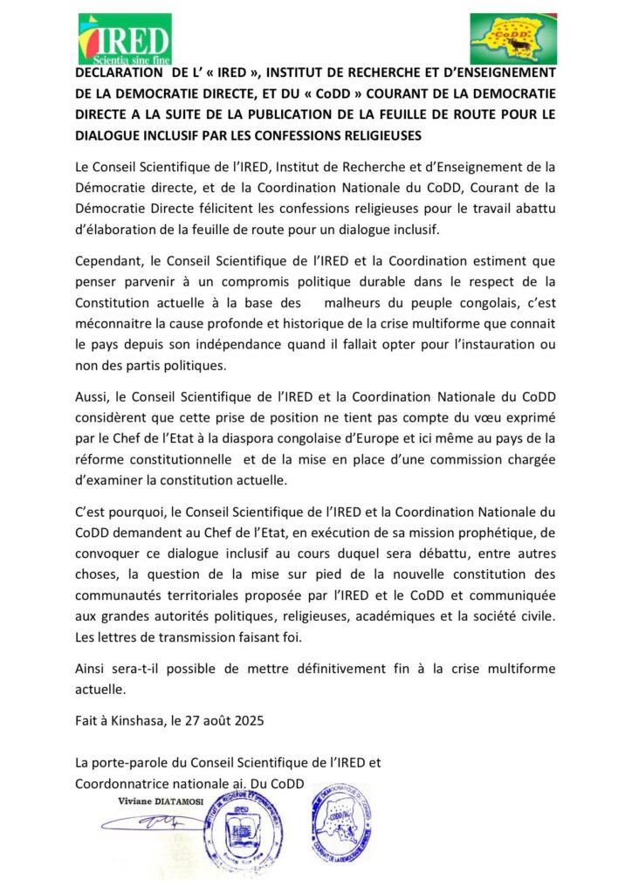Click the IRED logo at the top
click(124, 38)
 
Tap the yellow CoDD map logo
click(512, 38)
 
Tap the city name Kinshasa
click(155, 721)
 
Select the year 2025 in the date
click(247, 721)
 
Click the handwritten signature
click(153, 822)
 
